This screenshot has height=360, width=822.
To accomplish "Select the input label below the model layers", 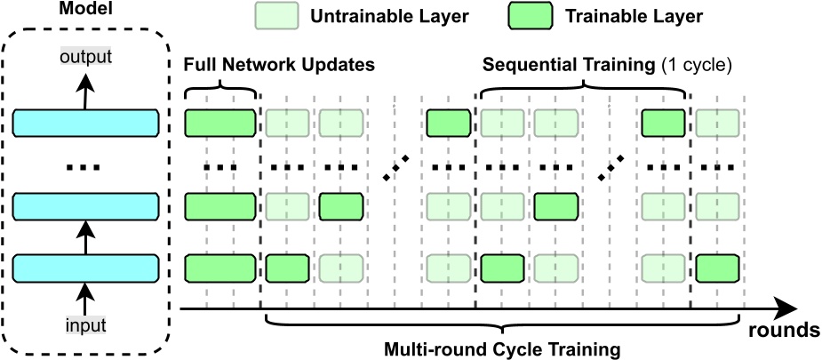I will pyautogui.click(x=85, y=325).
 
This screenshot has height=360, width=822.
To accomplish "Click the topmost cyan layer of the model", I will pyautogui.click(x=85, y=124).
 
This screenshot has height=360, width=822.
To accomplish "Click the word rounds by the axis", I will pyautogui.click(x=783, y=331).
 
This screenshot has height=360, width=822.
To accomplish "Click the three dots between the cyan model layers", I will pyautogui.click(x=85, y=167).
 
